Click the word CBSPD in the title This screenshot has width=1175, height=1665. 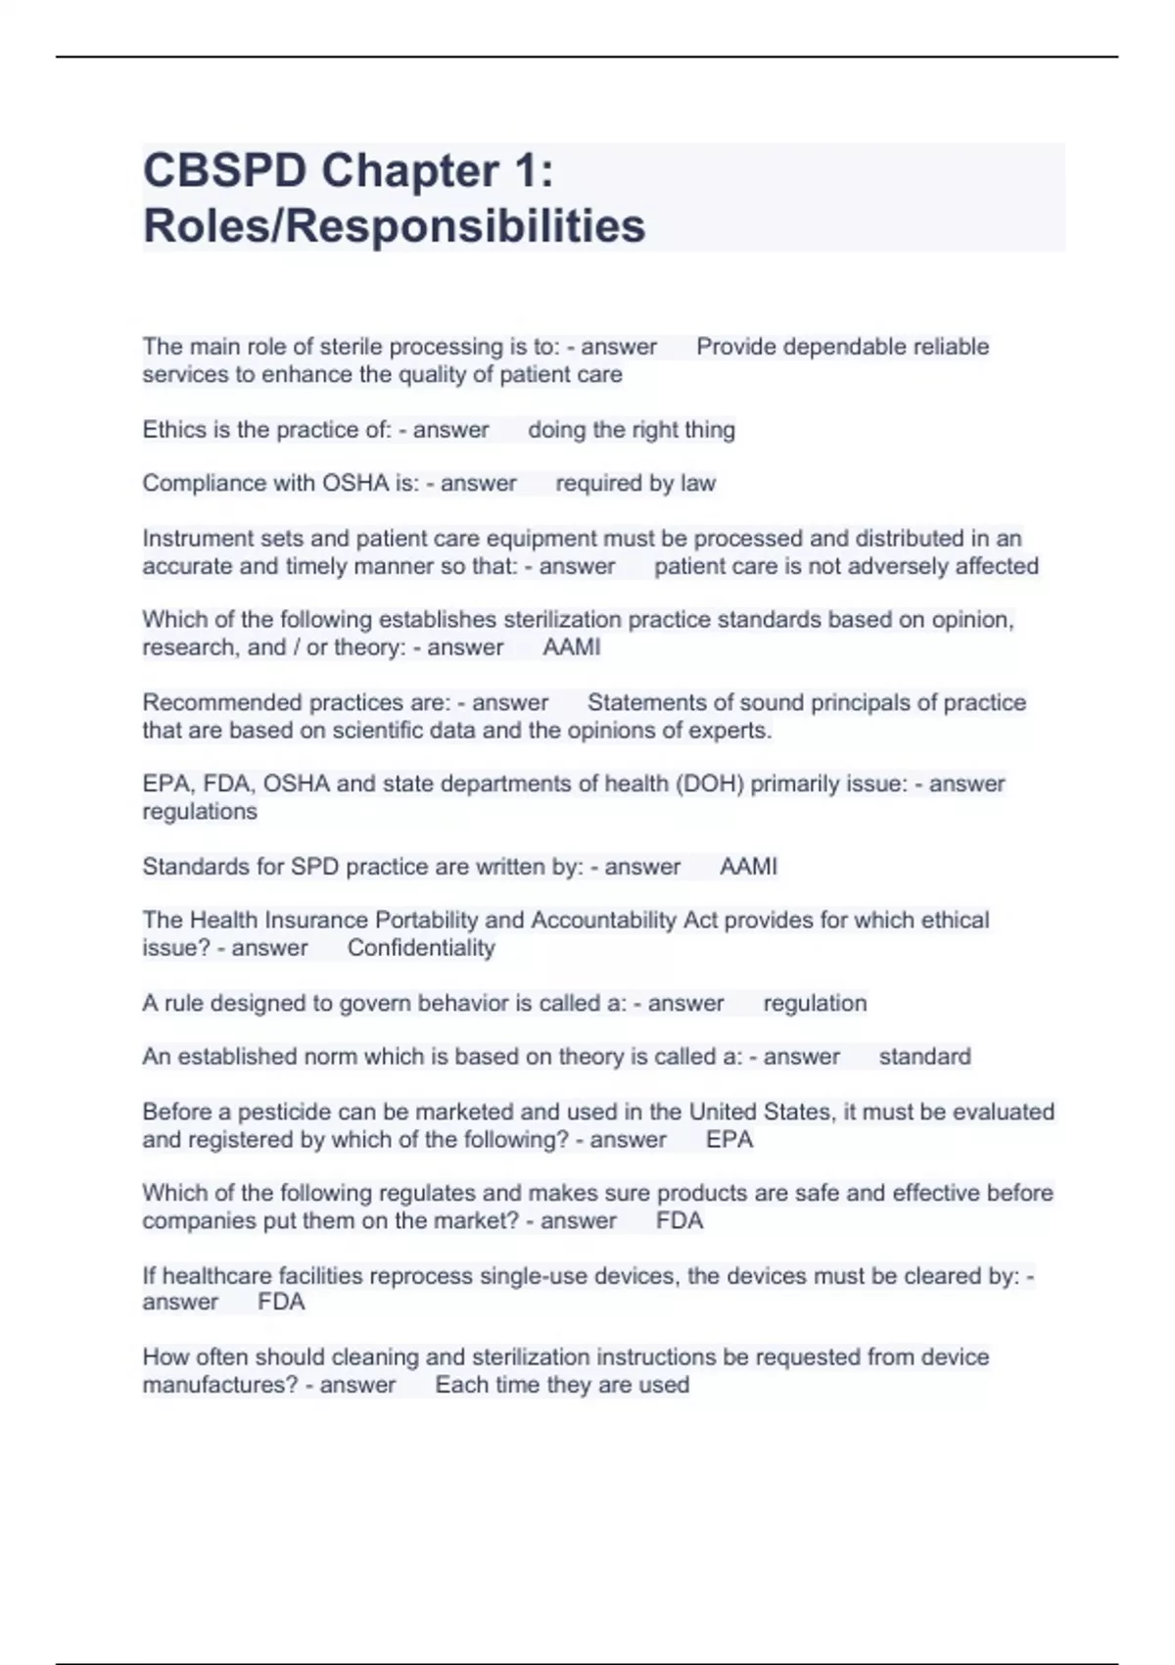[224, 171]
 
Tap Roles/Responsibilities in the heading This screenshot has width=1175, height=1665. [394, 226]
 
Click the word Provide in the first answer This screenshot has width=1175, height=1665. [735, 347]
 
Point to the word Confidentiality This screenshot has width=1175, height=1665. [421, 948]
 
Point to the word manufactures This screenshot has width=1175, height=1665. [219, 1385]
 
